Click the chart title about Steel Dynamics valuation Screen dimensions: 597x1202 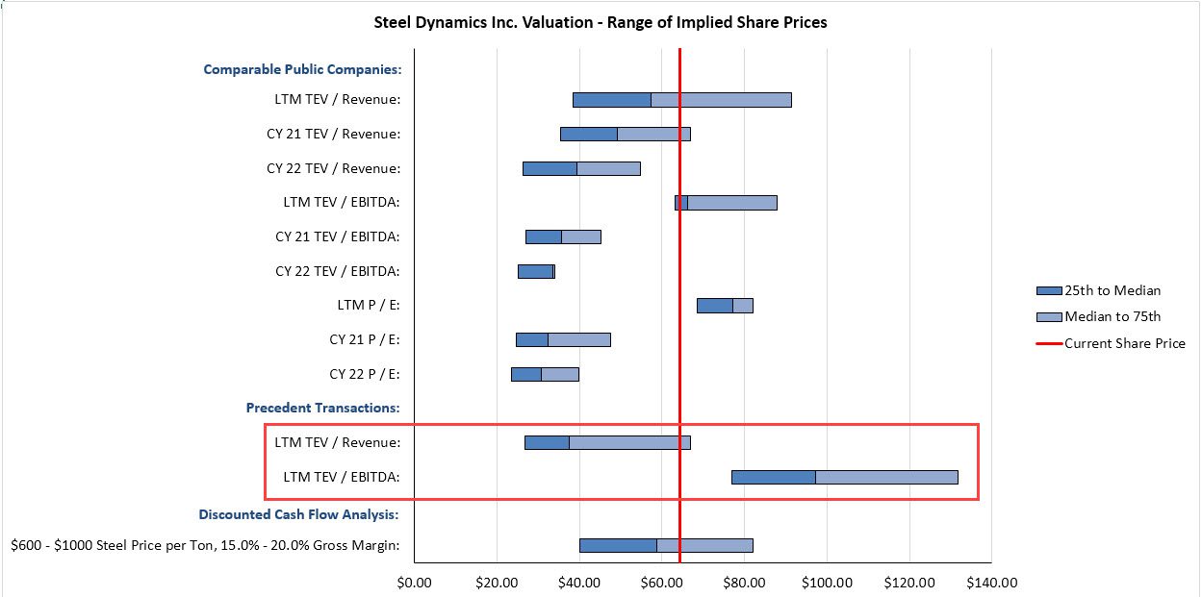point(600,22)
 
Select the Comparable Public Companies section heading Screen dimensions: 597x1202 point(302,69)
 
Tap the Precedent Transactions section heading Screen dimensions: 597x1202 point(323,408)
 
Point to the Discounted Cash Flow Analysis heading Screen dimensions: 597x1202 point(299,514)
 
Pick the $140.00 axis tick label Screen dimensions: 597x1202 point(991,582)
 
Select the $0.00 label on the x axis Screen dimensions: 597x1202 point(414,582)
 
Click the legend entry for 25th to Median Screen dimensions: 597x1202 point(1112,290)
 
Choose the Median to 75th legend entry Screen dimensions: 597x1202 point(1112,316)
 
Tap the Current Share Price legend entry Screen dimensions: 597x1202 point(1124,343)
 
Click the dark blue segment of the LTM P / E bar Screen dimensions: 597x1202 point(714,306)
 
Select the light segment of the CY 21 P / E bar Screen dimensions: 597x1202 point(579,339)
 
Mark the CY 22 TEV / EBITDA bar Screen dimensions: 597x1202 point(535,271)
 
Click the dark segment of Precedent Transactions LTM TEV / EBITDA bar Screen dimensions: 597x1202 point(773,477)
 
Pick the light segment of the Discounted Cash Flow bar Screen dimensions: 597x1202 point(704,545)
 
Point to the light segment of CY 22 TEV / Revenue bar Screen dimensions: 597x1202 point(608,168)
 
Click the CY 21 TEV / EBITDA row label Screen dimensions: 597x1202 point(338,236)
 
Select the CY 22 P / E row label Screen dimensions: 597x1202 point(365,374)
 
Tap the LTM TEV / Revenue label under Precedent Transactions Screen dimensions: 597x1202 point(338,442)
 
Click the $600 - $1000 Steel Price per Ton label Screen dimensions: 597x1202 point(206,545)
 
